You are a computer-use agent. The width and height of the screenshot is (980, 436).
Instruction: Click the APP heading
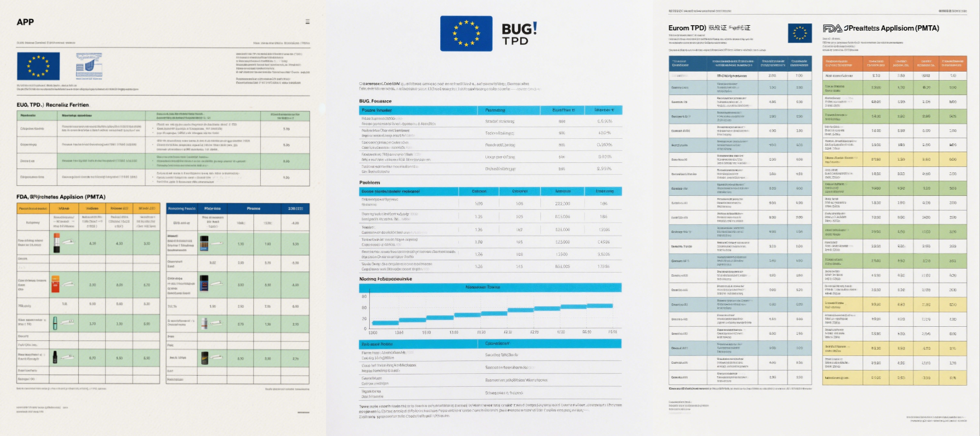(25, 22)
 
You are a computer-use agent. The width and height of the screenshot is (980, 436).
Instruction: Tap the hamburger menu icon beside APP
(307, 21)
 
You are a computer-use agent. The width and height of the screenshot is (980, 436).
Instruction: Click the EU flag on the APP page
(38, 66)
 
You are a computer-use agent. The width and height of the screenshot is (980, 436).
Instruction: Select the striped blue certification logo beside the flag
(89, 65)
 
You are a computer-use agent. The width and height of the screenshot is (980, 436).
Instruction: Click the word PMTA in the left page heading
(95, 197)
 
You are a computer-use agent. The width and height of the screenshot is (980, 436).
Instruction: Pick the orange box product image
(56, 284)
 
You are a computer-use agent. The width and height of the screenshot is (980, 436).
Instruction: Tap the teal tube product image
(55, 323)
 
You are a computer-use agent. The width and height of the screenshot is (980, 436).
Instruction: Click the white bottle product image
(205, 323)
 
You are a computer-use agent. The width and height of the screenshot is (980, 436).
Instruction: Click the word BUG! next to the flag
(519, 29)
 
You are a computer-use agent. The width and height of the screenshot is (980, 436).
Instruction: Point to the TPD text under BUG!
(515, 41)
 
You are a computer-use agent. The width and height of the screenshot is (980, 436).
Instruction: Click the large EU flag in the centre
(466, 34)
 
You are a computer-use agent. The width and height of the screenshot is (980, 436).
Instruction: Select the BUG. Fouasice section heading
(375, 101)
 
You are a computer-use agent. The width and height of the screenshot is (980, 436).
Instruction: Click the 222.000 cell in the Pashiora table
(562, 204)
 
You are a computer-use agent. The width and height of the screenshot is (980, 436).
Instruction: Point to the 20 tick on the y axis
(365, 318)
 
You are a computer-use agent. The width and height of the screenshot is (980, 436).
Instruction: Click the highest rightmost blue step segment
(600, 306)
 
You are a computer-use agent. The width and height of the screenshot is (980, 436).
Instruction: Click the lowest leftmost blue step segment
(385, 323)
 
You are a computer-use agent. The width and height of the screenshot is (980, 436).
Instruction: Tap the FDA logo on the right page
(832, 28)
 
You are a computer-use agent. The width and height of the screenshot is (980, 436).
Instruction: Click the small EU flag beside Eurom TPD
(799, 33)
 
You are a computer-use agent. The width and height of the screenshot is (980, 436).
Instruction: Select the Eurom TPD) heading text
(687, 27)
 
